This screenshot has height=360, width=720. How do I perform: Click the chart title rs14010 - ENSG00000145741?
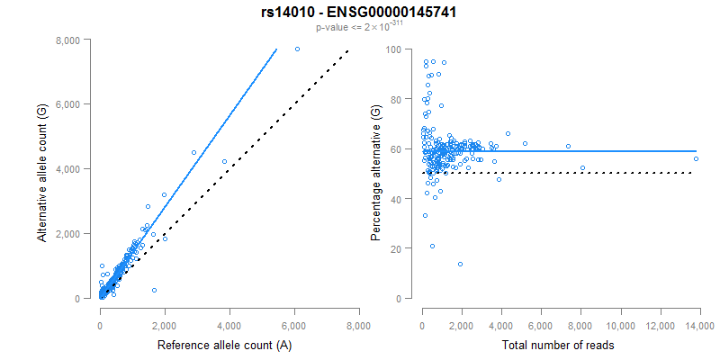359,12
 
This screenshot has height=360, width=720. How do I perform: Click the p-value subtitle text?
359,27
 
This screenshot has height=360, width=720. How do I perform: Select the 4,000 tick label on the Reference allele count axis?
229,325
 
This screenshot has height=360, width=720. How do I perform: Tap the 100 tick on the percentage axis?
394,49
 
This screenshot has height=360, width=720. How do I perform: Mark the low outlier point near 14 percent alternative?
461,264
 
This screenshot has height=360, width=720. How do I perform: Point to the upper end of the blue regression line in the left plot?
276,49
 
